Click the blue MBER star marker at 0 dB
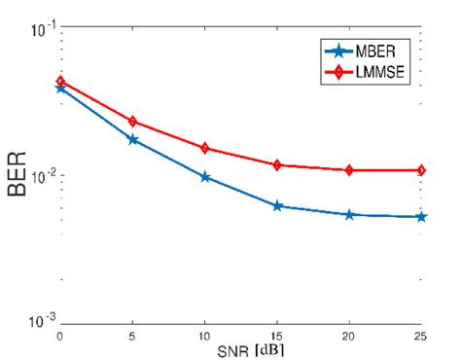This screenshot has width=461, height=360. [x=60, y=88]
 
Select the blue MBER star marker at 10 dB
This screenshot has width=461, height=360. [x=205, y=177]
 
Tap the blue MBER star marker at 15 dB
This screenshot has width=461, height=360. [x=278, y=206]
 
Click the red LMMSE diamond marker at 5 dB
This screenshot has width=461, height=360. [x=133, y=122]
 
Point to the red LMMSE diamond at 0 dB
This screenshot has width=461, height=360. [x=60, y=82]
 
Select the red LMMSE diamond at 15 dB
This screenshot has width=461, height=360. [x=278, y=165]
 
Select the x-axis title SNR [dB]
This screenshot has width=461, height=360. [x=240, y=348]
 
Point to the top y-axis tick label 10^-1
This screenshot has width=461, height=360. [x=41, y=30]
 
